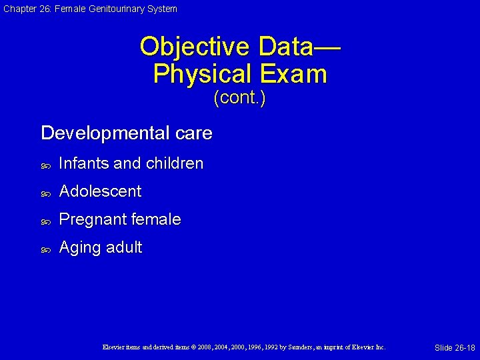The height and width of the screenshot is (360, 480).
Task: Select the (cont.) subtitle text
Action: coord(239,98)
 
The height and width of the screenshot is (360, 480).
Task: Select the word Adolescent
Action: coord(100,191)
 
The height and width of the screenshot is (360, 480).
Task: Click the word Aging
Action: coord(79,247)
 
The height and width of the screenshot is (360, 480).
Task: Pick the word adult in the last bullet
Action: coord(123,247)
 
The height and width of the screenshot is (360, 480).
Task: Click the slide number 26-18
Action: coord(455,348)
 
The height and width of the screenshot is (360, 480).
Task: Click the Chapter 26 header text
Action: coord(89,9)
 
